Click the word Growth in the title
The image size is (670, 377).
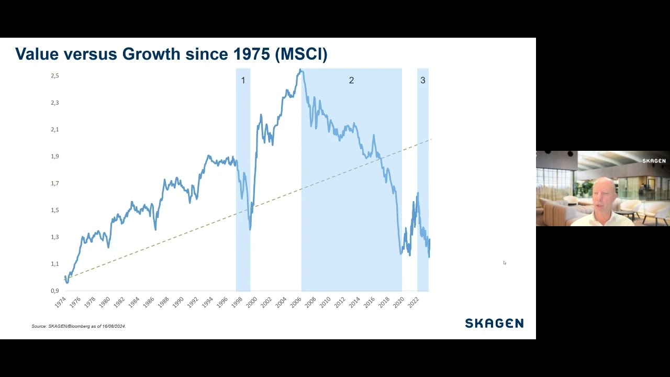(151, 54)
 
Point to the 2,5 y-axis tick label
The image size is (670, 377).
(55, 76)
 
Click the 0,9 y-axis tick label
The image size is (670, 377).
(55, 291)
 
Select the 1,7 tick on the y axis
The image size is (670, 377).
(55, 183)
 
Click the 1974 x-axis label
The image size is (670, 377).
(61, 302)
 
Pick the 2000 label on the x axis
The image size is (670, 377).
(252, 302)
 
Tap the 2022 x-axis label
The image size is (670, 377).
(414, 302)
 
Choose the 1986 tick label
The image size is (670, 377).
(149, 302)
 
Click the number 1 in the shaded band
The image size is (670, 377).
(243, 80)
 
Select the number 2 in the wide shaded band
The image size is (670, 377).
(351, 80)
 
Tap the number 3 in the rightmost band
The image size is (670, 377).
(423, 80)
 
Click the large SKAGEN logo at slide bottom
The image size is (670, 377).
(495, 323)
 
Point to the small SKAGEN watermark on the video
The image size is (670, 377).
(654, 161)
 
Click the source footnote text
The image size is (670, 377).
(79, 326)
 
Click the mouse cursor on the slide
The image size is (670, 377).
(505, 263)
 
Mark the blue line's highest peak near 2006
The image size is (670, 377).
(300, 70)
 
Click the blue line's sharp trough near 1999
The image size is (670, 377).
(250, 229)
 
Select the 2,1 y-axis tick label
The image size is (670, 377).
(55, 129)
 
